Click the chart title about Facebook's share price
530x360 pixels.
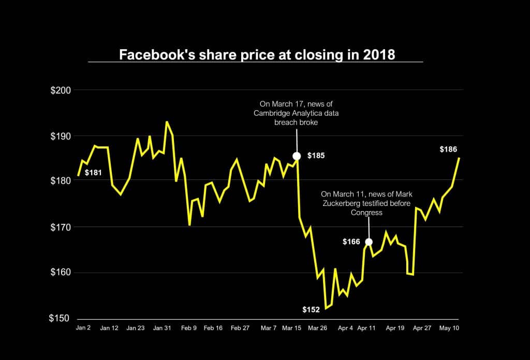tap(257, 55)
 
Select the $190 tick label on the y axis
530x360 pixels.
tap(61, 136)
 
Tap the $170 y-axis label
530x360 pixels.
tap(61, 227)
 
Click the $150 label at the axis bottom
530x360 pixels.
tap(61, 318)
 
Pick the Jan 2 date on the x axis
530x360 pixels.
tap(83, 328)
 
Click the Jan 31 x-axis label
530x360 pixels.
tap(163, 328)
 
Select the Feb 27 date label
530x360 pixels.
tap(240, 328)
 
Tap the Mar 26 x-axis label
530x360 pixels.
tap(318, 328)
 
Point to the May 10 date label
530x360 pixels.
tap(448, 328)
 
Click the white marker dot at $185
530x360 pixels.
tap(297, 156)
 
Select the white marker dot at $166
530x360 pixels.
tap(369, 242)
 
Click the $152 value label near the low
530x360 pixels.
tap(311, 309)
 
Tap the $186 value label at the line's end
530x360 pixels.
tap(448, 149)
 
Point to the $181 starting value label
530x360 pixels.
tap(93, 172)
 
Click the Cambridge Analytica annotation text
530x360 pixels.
tap(296, 113)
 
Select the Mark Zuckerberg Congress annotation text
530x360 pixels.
tap(359, 203)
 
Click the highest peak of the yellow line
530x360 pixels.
tap(167, 122)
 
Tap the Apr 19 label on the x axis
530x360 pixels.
tap(395, 328)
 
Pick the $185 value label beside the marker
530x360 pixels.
tap(316, 156)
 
